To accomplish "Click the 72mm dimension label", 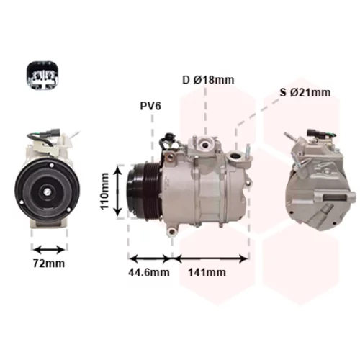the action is pyautogui.click(x=49, y=264).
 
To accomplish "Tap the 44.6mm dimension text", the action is pyautogui.click(x=149, y=272).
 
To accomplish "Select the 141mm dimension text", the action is pyautogui.click(x=207, y=272).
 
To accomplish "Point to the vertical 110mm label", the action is pyautogui.click(x=105, y=192).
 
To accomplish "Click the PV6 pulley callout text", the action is pyautogui.click(x=150, y=106).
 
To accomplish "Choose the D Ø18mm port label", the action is pyautogui.click(x=208, y=80).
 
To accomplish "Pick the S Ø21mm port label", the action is pyautogui.click(x=305, y=92).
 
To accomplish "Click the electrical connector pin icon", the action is pyautogui.click(x=42, y=76).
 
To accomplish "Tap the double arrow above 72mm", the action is pyautogui.click(x=49, y=250).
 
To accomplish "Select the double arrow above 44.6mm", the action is pyautogui.click(x=150, y=258).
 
